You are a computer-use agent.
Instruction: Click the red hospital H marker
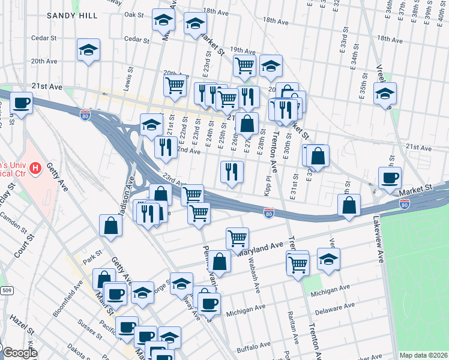(x=35, y=168)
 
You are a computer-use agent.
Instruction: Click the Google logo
(x=19, y=353)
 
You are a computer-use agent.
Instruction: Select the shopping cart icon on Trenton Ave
(x=298, y=263)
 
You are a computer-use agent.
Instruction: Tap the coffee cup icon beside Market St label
(x=390, y=177)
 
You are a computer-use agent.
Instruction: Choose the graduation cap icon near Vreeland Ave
(x=385, y=93)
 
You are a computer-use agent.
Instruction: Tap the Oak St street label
(x=134, y=14)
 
